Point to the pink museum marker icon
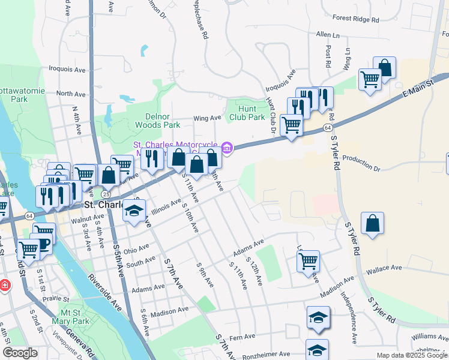click(226, 147)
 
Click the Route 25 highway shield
click(106, 195)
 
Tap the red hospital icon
click(5, 285)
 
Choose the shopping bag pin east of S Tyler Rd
click(373, 223)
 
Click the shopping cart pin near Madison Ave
click(307, 260)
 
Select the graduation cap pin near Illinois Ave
click(134, 212)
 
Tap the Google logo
click(20, 353)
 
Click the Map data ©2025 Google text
click(411, 355)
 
